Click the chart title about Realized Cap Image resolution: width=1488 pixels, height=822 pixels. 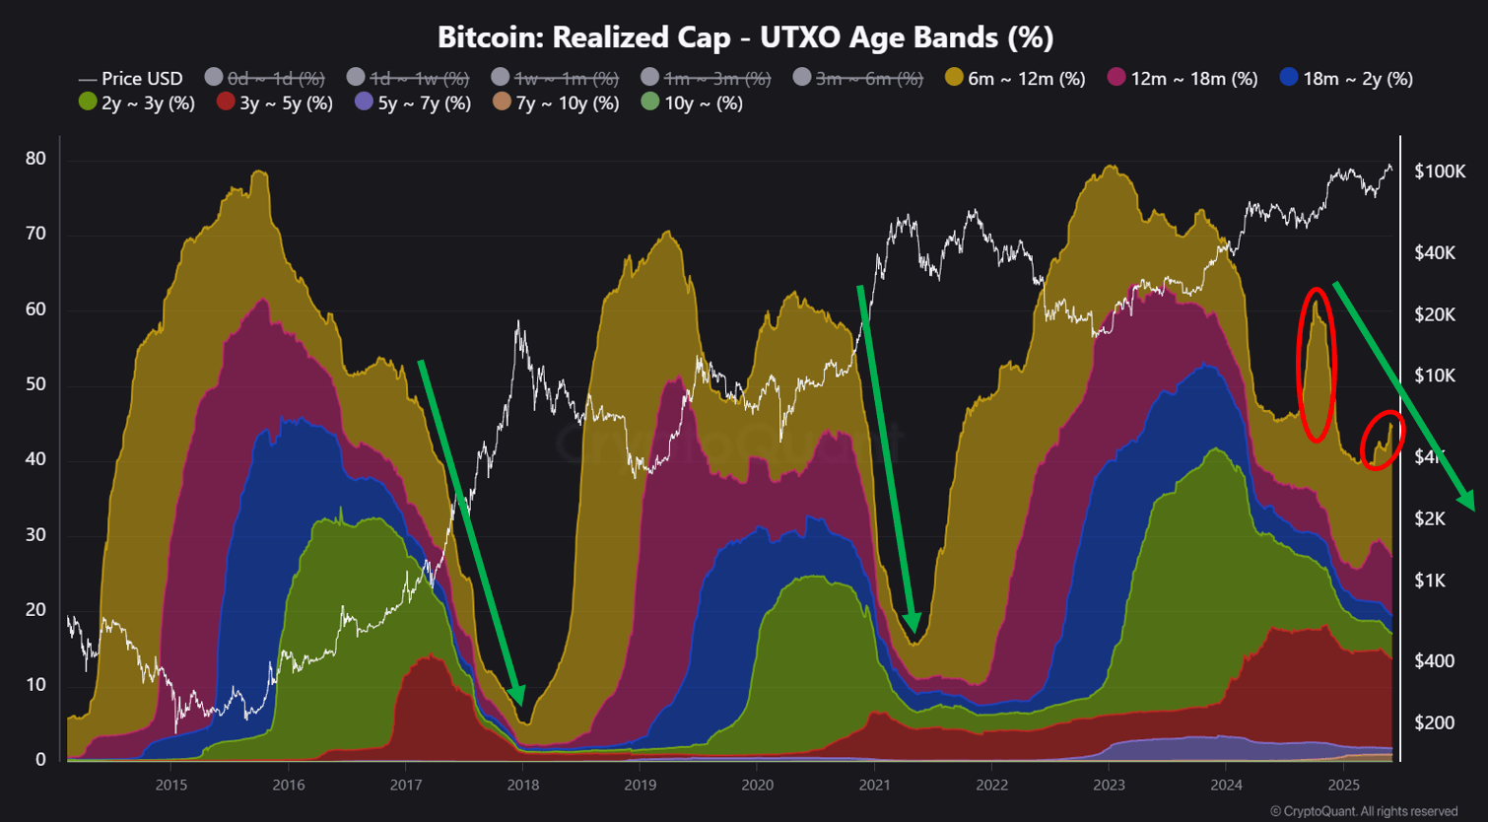point(745,37)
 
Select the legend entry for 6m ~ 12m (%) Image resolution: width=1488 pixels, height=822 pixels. point(1015,78)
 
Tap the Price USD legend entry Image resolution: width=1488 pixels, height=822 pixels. point(131,78)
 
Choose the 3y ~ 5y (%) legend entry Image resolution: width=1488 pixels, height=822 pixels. point(275,103)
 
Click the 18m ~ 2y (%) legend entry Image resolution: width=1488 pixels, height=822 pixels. point(1346,78)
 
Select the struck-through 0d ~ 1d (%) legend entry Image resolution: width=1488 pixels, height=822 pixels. point(265,78)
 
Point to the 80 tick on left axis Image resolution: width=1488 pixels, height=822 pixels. point(35,159)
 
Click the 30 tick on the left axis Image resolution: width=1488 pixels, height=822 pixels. point(35,534)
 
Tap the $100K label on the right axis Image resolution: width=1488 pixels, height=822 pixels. point(1440,171)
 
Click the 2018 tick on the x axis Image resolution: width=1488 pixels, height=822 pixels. point(522,785)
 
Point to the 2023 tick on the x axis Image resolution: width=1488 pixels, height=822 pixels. point(1109,785)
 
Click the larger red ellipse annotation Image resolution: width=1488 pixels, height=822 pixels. point(1317,365)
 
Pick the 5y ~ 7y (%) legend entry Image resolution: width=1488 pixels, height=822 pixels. point(413,103)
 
